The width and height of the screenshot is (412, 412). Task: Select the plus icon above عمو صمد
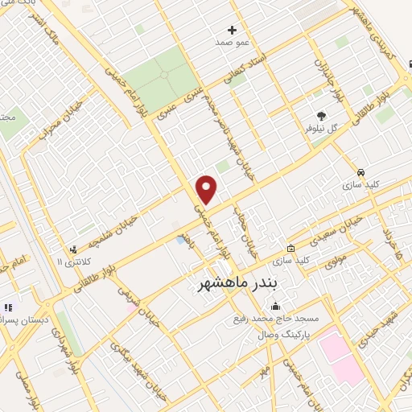tap(233, 29)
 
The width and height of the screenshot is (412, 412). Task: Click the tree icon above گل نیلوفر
tap(322, 117)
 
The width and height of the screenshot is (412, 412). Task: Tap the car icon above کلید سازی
tap(361, 172)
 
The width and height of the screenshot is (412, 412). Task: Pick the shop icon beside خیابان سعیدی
tap(290, 249)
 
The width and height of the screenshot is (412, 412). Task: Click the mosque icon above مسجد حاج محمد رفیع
tap(275, 306)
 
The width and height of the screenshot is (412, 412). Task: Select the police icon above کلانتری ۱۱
tap(73, 249)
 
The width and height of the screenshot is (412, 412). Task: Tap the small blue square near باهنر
tap(178, 240)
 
